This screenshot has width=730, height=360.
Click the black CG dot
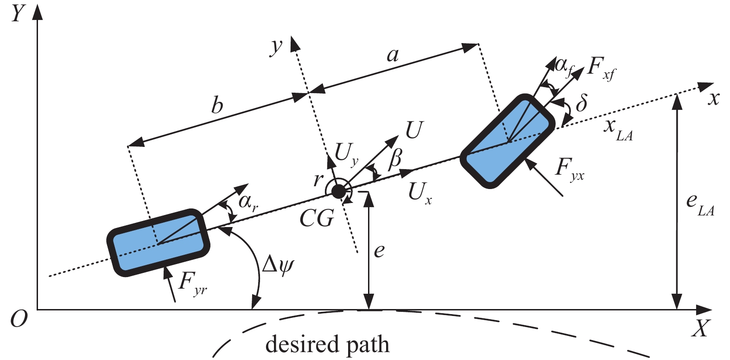(339, 190)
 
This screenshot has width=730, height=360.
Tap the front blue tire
(508, 141)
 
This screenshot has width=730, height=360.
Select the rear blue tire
(159, 243)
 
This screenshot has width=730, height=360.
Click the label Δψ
(278, 266)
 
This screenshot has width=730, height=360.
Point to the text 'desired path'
(327, 345)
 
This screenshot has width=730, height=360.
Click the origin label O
(18, 319)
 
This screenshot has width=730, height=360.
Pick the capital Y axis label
(18, 14)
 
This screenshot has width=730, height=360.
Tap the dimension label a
(392, 56)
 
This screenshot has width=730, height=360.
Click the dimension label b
(217, 106)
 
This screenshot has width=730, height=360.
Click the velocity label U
(414, 131)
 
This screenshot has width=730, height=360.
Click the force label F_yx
(569, 170)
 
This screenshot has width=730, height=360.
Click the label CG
(317, 218)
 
